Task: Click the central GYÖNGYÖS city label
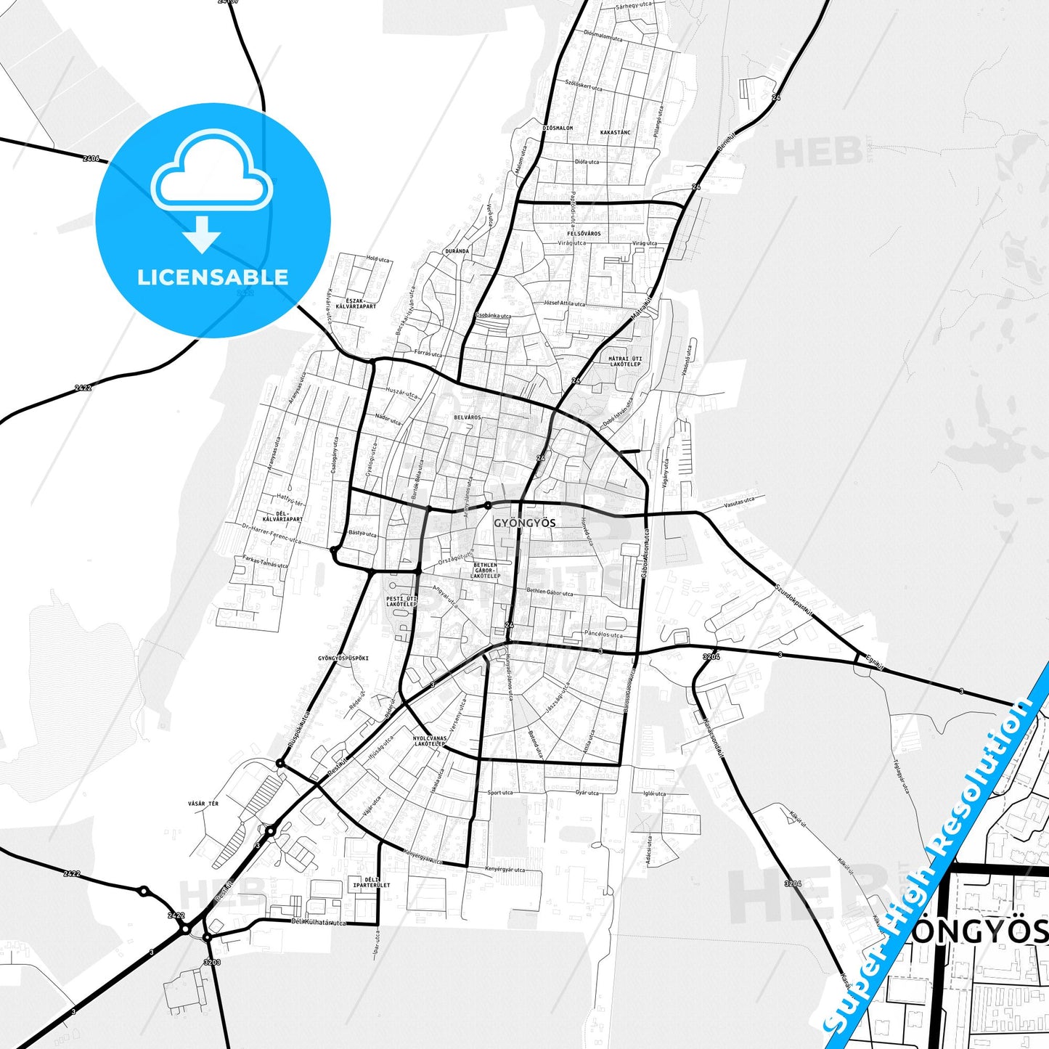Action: (524, 523)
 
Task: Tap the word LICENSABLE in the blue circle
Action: (213, 277)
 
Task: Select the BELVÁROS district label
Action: (468, 417)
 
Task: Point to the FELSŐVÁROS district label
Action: (584, 234)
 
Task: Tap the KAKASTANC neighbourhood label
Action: (616, 133)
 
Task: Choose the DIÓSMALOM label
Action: (558, 128)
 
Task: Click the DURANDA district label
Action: (457, 251)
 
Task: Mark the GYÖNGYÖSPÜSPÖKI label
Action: (343, 658)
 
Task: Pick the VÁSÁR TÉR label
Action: (203, 804)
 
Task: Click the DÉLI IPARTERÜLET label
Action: (372, 883)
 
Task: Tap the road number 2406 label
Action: (91, 158)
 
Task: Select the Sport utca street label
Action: (500, 793)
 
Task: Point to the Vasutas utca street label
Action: (739, 501)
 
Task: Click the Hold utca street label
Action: (377, 259)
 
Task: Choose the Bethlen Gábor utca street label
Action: (550, 593)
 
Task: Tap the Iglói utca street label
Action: (654, 793)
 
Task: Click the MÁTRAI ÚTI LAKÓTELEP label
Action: (625, 361)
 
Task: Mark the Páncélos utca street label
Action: (603, 634)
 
